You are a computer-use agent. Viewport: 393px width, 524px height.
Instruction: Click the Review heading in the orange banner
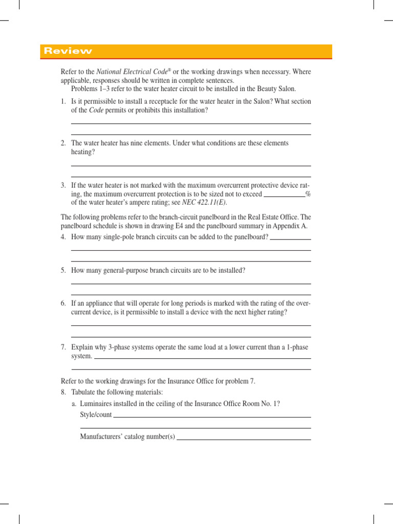click(68, 51)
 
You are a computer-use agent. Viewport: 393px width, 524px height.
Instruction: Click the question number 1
click(63, 101)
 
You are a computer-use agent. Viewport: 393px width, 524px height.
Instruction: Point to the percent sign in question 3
click(308, 194)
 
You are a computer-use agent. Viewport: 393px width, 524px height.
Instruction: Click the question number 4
click(63, 237)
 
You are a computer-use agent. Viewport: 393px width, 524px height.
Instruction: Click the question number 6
click(63, 303)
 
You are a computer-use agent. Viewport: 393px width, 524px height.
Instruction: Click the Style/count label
click(96, 414)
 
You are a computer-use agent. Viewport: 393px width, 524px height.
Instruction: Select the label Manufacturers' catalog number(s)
click(127, 436)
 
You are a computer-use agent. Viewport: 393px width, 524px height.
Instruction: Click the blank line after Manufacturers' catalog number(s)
click(244, 439)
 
